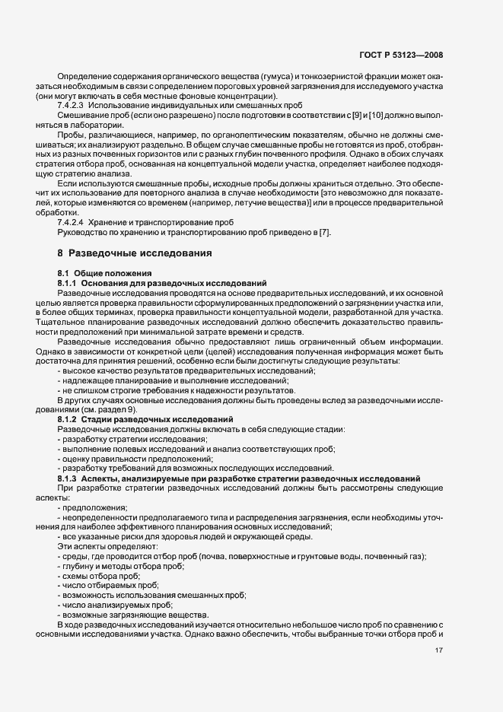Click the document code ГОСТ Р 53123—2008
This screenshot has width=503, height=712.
point(400,55)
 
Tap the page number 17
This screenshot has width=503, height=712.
point(438,650)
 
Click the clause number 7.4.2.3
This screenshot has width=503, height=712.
point(72,105)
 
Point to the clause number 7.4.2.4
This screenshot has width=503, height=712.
point(72,221)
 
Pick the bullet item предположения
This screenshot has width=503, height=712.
point(95,508)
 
